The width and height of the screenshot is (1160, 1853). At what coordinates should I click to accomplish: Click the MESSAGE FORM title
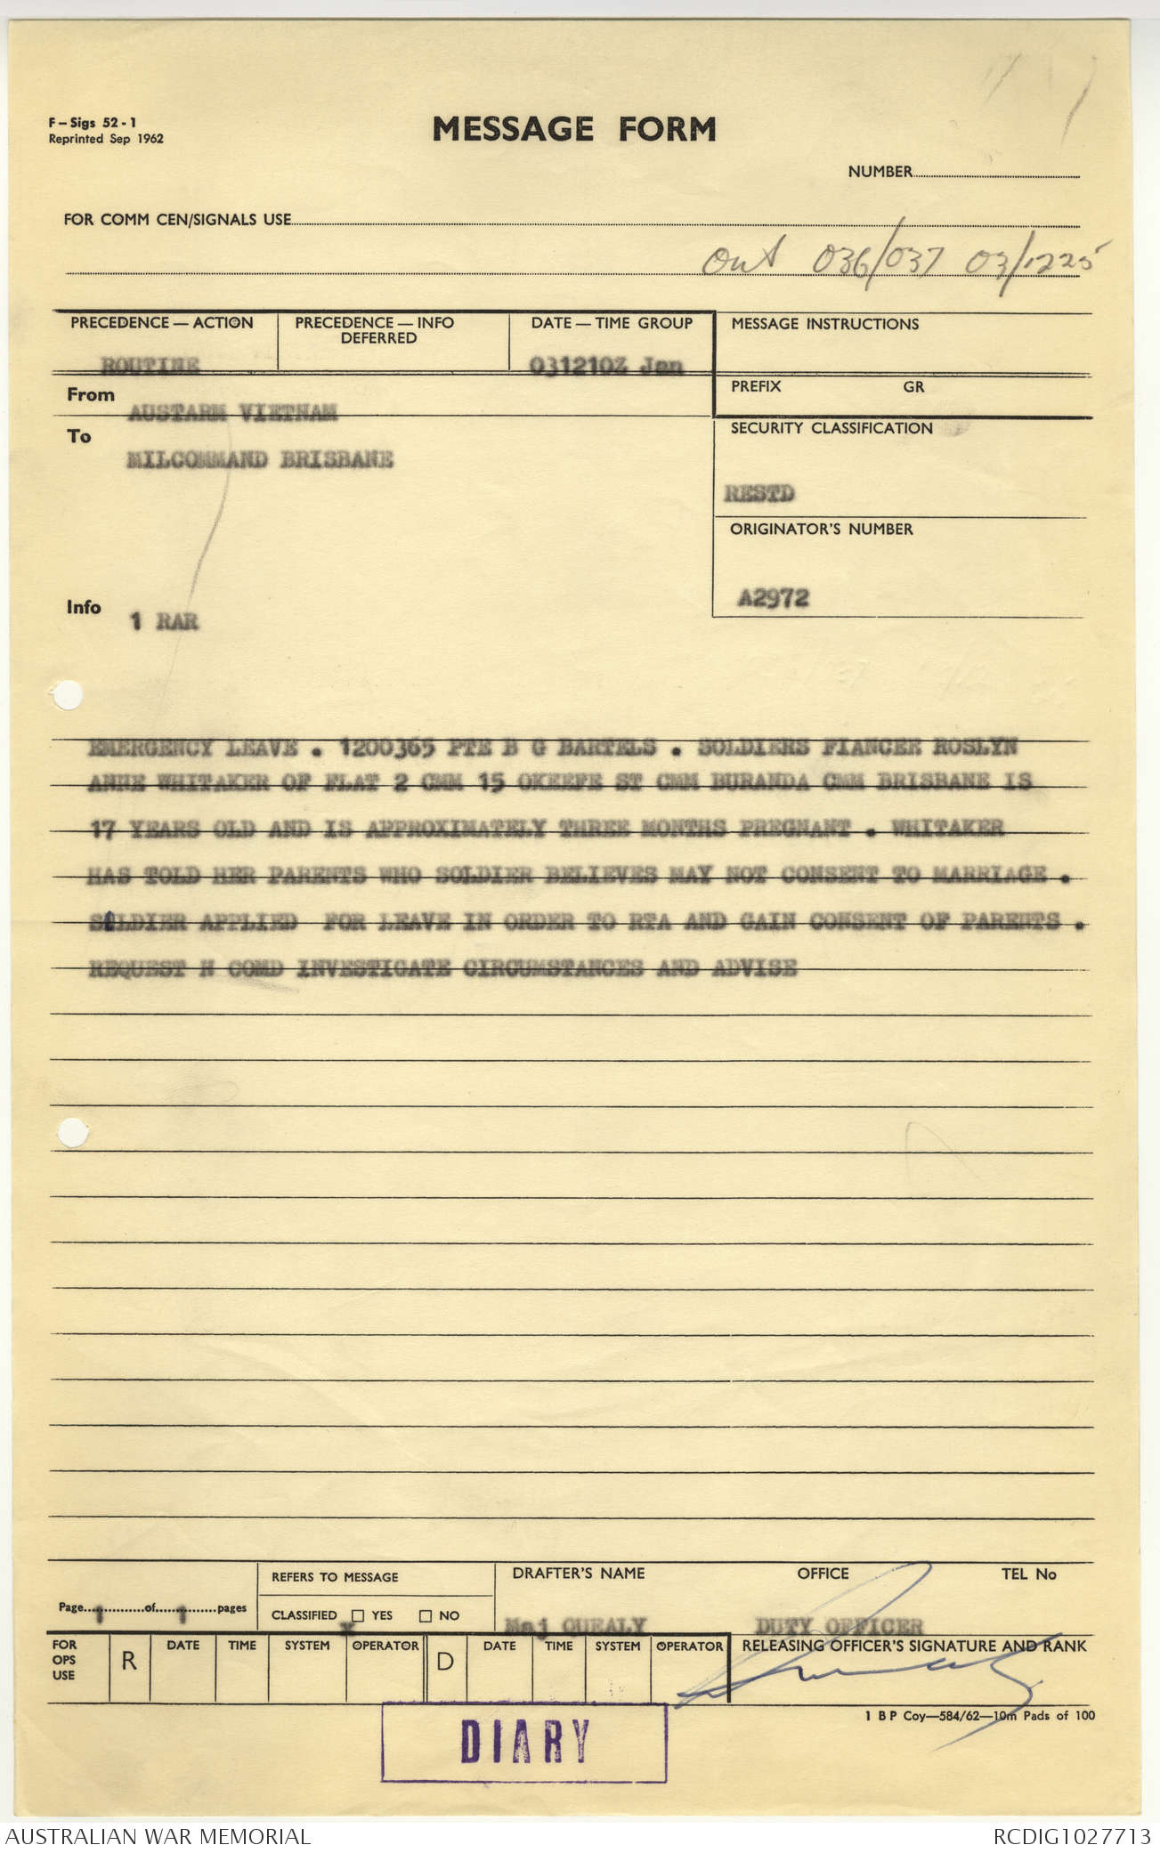pyautogui.click(x=574, y=130)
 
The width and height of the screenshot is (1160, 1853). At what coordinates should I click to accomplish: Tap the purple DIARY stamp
pyautogui.click(x=524, y=1741)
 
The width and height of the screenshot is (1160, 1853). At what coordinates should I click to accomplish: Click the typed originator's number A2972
pyautogui.click(x=773, y=598)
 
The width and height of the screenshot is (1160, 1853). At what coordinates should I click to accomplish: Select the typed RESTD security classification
pyautogui.click(x=759, y=493)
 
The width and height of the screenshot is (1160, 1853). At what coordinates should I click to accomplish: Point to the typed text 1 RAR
pyautogui.click(x=165, y=621)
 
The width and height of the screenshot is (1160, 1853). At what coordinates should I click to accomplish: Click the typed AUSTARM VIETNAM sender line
pyautogui.click(x=232, y=412)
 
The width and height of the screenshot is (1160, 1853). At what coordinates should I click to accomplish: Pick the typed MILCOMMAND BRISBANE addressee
pyautogui.click(x=259, y=459)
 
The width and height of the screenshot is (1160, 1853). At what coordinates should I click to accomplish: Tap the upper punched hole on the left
pyautogui.click(x=68, y=696)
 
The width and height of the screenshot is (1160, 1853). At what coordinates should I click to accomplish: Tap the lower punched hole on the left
pyautogui.click(x=72, y=1133)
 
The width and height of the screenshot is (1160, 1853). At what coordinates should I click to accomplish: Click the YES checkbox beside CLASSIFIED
pyautogui.click(x=358, y=1615)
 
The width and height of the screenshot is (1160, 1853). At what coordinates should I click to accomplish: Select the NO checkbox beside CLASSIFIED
pyautogui.click(x=426, y=1615)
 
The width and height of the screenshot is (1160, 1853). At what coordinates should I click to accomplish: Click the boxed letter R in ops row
pyautogui.click(x=129, y=1661)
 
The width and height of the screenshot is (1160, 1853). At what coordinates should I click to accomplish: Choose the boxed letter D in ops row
pyautogui.click(x=445, y=1662)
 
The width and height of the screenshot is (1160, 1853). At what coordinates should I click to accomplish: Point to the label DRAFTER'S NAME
pyautogui.click(x=578, y=1574)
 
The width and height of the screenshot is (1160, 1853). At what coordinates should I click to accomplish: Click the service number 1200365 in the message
pyautogui.click(x=386, y=748)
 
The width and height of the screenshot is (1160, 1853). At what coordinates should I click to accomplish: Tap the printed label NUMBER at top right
pyautogui.click(x=880, y=172)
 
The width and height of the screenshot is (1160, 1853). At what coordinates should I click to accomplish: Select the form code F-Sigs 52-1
pyautogui.click(x=93, y=124)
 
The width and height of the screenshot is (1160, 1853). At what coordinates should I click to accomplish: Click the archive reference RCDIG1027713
pyautogui.click(x=1072, y=1836)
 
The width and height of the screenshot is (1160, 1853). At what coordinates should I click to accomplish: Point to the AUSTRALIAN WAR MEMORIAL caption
pyautogui.click(x=158, y=1836)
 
